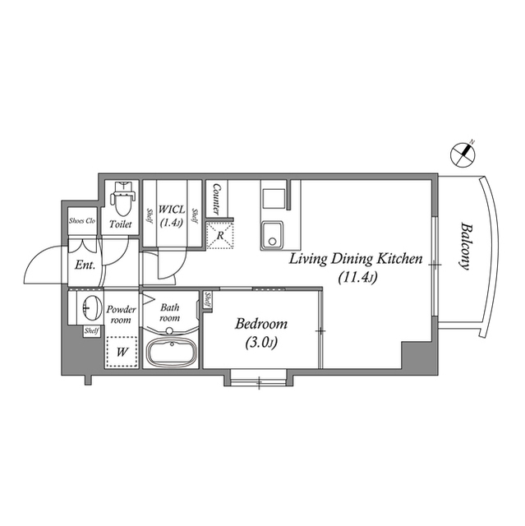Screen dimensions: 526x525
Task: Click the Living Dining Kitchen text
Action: [355, 259]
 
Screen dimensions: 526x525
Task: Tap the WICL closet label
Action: [173, 210]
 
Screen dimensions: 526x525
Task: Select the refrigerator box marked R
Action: [219, 235]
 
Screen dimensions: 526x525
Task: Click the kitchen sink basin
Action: [272, 234]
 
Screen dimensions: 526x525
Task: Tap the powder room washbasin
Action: [90, 310]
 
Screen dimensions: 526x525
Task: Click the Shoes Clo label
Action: [83, 221]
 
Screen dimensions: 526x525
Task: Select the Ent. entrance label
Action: [85, 265]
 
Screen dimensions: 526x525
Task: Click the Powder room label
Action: [121, 314]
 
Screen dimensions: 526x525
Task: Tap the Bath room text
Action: [170, 312]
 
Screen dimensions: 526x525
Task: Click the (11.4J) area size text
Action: [357, 278]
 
